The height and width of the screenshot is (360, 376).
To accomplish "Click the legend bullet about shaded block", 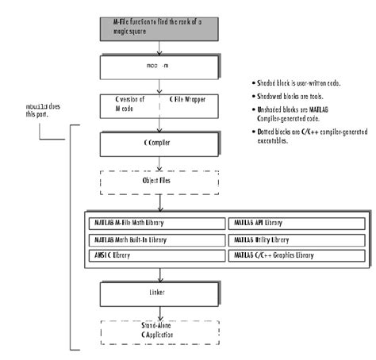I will click(x=304, y=82).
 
